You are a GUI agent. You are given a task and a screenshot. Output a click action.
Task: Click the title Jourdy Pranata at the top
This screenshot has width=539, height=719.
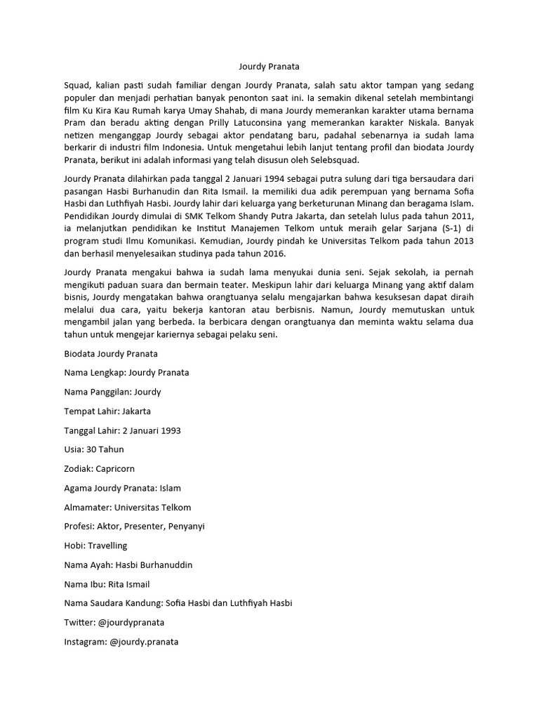click(269, 67)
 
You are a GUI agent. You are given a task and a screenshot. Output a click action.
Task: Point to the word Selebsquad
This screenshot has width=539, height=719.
click(335, 159)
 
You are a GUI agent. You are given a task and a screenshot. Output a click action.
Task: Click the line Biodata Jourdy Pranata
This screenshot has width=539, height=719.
click(111, 353)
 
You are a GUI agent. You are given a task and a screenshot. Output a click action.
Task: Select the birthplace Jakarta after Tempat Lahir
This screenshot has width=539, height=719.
click(136, 411)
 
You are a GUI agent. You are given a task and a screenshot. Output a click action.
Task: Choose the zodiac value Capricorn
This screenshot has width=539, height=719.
click(117, 468)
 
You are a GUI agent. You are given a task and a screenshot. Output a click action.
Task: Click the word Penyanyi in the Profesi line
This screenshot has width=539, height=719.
click(184, 526)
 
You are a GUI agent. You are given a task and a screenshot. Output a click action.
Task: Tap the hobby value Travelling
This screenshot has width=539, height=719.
click(108, 546)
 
